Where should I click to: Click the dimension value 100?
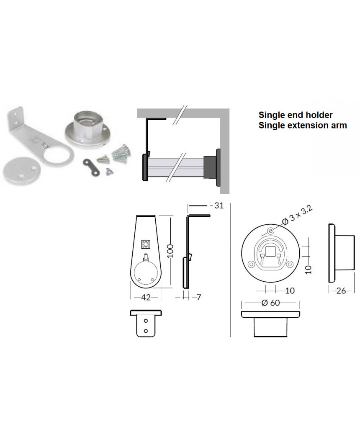170,251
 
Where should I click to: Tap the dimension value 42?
146,298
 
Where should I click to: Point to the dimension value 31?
219,206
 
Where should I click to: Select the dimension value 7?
198,298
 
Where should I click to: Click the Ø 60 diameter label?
271,303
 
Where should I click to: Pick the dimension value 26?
341,290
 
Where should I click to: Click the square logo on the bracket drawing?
146,244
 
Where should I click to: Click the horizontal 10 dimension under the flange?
290,290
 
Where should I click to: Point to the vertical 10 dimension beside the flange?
309,270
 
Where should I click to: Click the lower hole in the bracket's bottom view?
146,331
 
